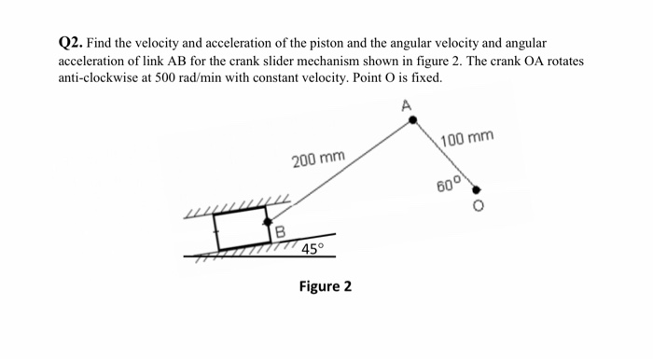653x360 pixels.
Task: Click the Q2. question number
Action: [70, 44]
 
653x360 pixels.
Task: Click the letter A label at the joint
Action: [407, 104]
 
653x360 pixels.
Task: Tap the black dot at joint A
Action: [414, 120]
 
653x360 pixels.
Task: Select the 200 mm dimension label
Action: [318, 159]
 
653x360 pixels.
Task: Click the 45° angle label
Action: [313, 250]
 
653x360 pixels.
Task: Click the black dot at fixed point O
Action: [476, 189]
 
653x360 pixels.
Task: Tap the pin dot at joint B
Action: [268, 223]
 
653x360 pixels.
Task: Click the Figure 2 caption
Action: [325, 285]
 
